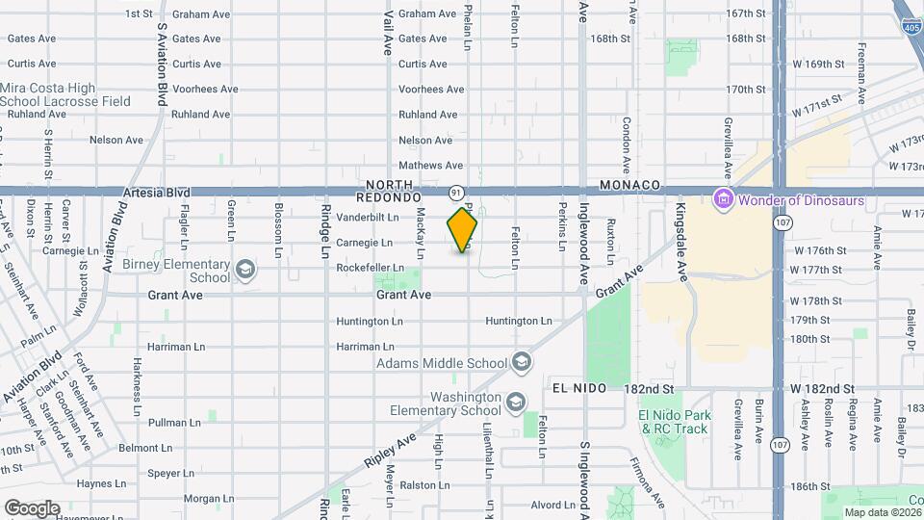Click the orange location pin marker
(463, 229)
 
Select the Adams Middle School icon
(522, 363)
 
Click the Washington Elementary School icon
(517, 402)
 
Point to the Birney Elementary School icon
(245, 269)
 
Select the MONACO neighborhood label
(629, 184)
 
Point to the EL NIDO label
(578, 388)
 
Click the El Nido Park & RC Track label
(675, 422)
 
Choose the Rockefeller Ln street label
(371, 268)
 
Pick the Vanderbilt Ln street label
(368, 218)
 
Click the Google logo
(32, 508)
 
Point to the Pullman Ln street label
(174, 423)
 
